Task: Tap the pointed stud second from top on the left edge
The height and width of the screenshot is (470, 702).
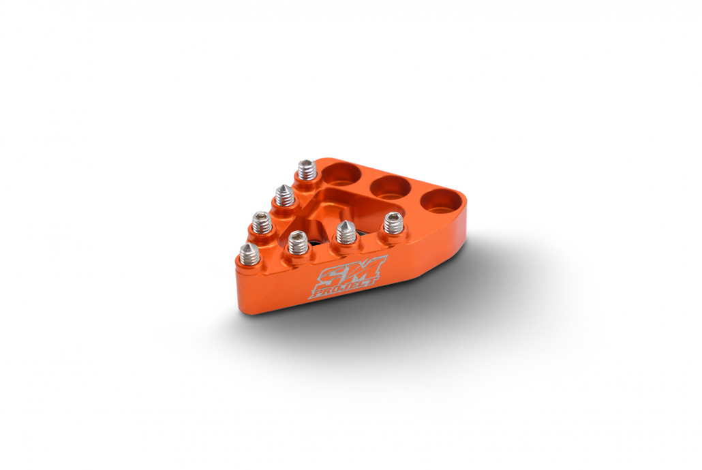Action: [284, 196]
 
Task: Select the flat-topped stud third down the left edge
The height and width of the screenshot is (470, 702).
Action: [261, 222]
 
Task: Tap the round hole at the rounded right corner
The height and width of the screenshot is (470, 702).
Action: [439, 202]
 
